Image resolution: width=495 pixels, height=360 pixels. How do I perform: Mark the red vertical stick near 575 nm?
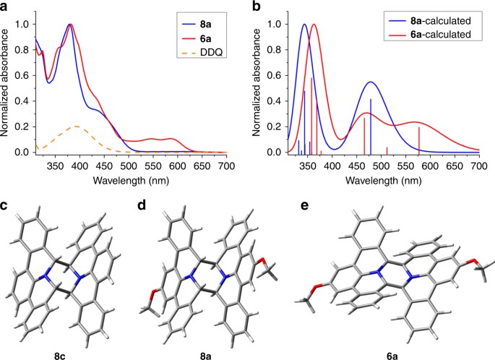419,140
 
